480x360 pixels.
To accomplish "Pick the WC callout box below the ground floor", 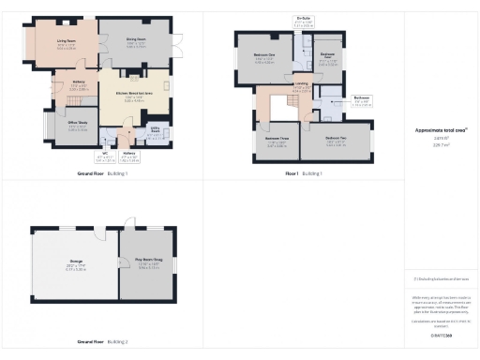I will click(x=105, y=157).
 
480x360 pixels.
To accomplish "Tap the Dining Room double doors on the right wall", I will click(x=175, y=44).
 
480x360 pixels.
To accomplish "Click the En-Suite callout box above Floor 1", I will click(x=304, y=22).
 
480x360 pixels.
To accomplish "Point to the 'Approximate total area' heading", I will click(x=441, y=130).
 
